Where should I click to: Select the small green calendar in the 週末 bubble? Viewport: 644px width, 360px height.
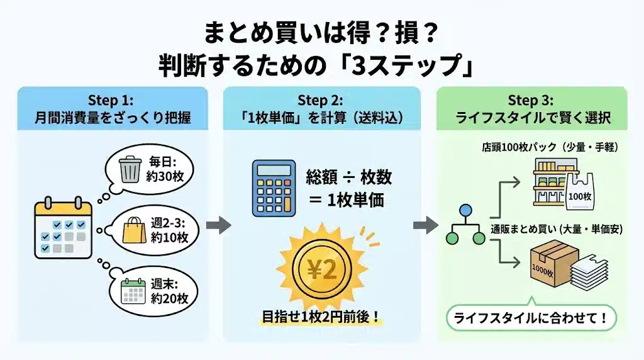tap(133, 291)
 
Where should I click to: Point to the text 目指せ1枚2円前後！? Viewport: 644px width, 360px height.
tap(321, 316)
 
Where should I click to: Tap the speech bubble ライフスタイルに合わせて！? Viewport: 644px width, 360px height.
tap(532, 317)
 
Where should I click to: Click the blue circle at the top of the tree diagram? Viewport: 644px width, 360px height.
tap(466, 210)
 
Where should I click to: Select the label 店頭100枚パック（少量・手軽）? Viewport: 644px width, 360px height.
tap(547, 147)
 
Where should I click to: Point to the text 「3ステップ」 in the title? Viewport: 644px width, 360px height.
tap(409, 65)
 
